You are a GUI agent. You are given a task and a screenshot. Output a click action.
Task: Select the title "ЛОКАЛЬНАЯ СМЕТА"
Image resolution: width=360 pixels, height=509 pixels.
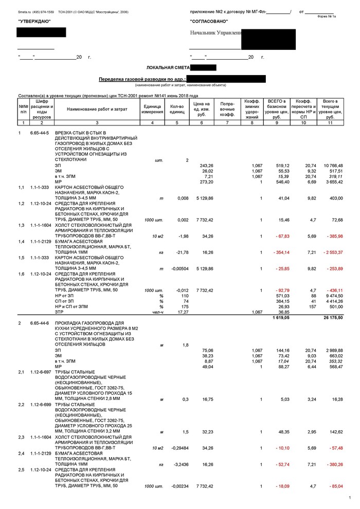pos(168,68)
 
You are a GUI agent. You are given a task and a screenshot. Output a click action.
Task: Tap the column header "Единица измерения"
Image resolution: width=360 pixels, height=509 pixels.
pos(152,109)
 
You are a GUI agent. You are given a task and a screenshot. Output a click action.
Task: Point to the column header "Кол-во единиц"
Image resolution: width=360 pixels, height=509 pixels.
pos(177,109)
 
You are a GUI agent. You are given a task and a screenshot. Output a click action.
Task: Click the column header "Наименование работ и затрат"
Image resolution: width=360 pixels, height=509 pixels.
pos(97,109)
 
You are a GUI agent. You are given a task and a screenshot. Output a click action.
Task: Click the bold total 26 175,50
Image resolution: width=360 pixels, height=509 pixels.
pos(333,318)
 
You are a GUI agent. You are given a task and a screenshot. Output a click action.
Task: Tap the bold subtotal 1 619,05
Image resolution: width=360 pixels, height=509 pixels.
pos(279,318)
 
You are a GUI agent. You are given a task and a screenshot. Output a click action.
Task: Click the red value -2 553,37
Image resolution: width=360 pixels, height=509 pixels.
pos(332,253)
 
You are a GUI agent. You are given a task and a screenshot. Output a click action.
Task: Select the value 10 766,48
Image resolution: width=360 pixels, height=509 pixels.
pos(333,166)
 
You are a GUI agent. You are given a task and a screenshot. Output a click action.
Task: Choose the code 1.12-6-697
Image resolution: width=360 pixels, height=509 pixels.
pos(40,372)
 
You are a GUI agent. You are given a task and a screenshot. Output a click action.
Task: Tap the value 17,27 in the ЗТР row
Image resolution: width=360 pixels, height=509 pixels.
pos(184,312)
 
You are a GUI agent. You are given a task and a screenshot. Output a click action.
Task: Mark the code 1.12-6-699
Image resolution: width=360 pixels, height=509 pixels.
pos(40,405)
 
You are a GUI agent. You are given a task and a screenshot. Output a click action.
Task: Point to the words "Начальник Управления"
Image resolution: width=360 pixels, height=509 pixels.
pos(215,33)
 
